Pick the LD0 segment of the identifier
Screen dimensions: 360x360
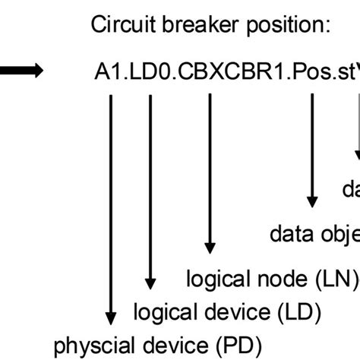[x=146, y=74]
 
